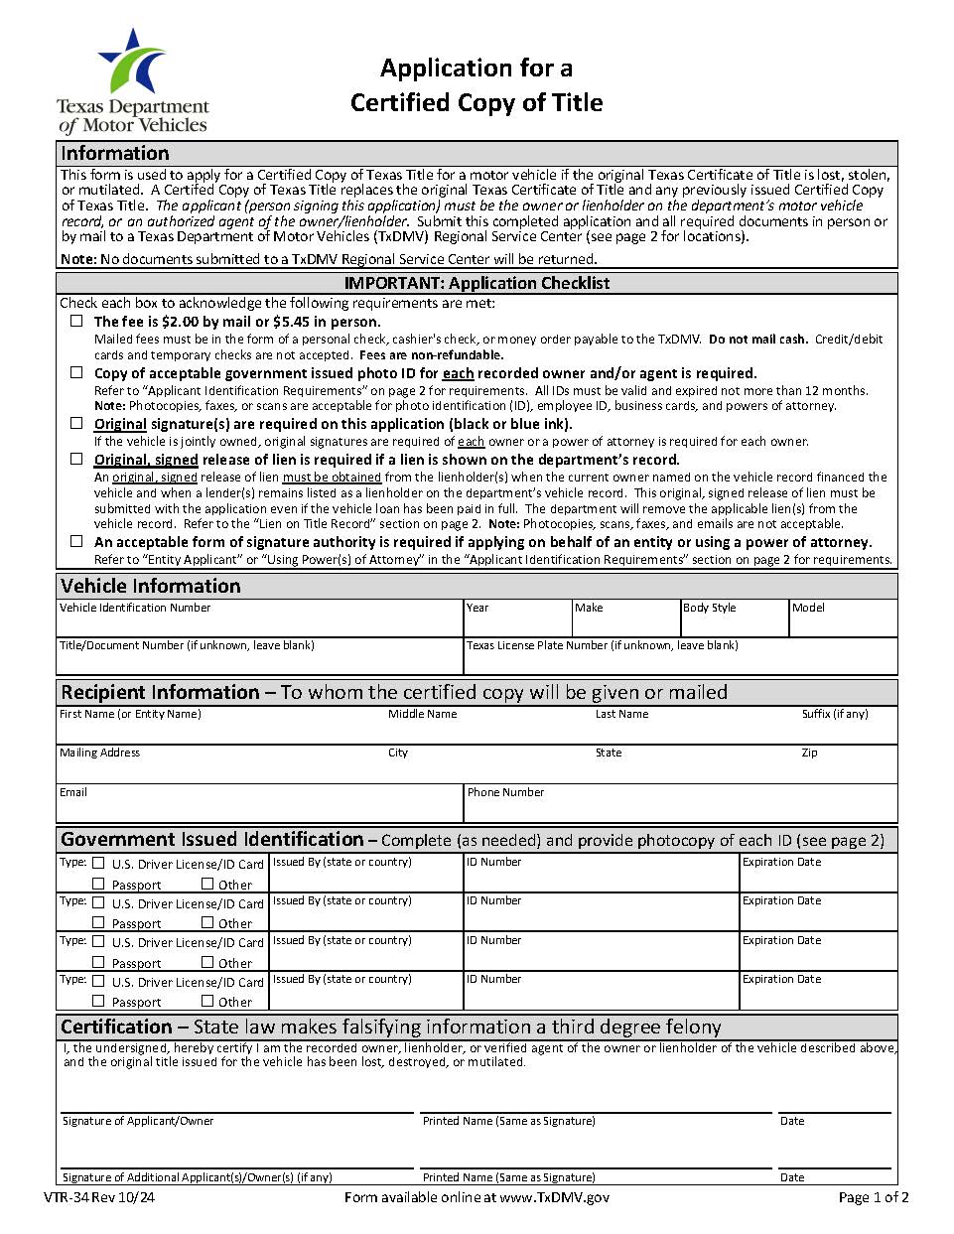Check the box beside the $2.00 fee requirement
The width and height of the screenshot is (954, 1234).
tap(76, 321)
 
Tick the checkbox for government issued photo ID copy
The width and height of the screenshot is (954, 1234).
tap(76, 372)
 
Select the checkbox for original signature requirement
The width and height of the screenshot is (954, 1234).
tap(76, 423)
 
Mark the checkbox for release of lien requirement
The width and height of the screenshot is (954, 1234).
tap(76, 459)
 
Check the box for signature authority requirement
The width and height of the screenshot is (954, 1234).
tap(76, 541)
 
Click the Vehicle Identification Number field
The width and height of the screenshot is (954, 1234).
tap(259, 624)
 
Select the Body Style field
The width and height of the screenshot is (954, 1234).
tap(734, 624)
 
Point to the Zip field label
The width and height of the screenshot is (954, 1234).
tap(809, 753)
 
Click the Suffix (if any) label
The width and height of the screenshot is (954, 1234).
tap(834, 714)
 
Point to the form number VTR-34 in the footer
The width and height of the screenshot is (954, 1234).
tap(98, 1197)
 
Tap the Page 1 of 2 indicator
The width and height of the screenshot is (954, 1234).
tap(873, 1197)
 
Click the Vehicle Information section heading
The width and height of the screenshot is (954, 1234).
tap(150, 586)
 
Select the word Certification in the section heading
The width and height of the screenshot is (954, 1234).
tap(116, 1027)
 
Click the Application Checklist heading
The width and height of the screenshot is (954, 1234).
tap(477, 283)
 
